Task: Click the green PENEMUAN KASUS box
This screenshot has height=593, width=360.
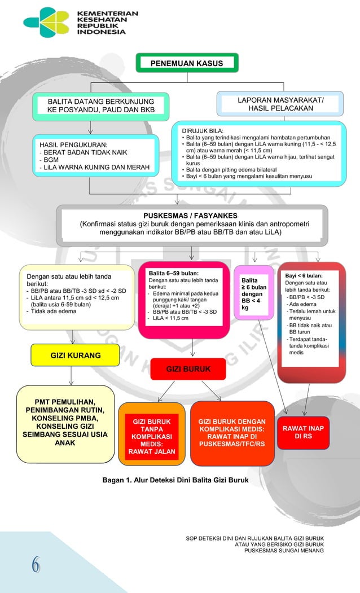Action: pyautogui.click(x=187, y=63)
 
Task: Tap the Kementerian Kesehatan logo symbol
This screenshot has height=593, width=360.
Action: pyautogui.click(x=46, y=23)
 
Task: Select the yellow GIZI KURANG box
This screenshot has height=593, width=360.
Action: pyautogui.click(x=75, y=355)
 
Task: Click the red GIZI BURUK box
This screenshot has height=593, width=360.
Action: pyautogui.click(x=188, y=369)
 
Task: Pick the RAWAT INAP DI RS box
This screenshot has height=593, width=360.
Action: pyautogui.click(x=303, y=432)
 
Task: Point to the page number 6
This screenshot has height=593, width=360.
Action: pyautogui.click(x=36, y=565)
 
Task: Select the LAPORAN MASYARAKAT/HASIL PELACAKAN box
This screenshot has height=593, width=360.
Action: pyautogui.click(x=280, y=104)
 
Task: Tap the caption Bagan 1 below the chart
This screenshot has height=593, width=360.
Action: pyautogui.click(x=175, y=480)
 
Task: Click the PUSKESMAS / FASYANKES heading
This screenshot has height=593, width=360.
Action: pyautogui.click(x=190, y=216)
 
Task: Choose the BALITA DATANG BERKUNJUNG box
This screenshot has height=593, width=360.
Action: pyautogui.click(x=100, y=106)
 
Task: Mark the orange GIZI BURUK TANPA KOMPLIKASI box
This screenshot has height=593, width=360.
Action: pyautogui.click(x=152, y=434)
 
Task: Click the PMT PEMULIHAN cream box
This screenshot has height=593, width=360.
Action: pyautogui.click(x=65, y=424)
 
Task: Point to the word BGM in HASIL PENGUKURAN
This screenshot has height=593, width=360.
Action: pyautogui.click(x=51, y=160)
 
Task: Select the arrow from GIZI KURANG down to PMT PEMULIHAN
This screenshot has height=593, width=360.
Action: pyautogui.click(x=71, y=376)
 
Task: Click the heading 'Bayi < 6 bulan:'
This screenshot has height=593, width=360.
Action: pyautogui.click(x=304, y=276)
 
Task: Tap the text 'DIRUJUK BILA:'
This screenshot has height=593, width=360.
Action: pyautogui.click(x=203, y=131)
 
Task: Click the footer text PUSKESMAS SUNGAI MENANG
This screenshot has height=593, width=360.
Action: pyautogui.click(x=284, y=551)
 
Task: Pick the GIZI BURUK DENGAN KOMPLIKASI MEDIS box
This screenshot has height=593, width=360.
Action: pyautogui.click(x=232, y=433)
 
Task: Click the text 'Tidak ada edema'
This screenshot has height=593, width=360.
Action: pyautogui.click(x=54, y=311)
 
